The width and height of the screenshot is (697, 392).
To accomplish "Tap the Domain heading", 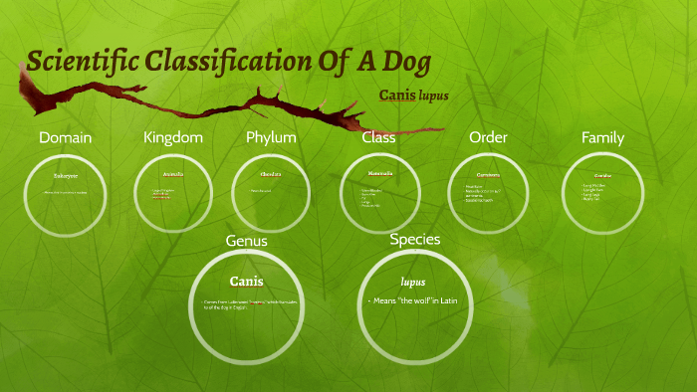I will tap(65, 137).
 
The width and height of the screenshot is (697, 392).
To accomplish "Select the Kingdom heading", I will tap(173, 137).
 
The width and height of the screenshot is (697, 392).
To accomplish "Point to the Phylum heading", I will tap(272, 137).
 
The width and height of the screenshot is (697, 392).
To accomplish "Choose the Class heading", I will tap(378, 137).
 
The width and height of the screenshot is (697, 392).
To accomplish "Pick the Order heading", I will tap(488, 137).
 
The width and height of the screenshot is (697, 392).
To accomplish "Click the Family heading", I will tap(603, 137).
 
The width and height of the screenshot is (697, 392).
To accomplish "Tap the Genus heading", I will tap(247, 241).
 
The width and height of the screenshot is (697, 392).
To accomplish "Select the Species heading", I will tap(414, 239).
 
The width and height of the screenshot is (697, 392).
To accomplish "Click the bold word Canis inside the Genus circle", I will tap(247, 282).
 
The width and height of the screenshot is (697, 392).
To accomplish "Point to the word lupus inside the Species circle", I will tap(413, 282).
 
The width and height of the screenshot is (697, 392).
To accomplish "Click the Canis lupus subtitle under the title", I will tap(414, 97).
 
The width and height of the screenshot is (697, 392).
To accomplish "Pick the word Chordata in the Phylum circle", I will tap(271, 174).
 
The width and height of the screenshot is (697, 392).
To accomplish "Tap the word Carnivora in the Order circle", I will tap(488, 174).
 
